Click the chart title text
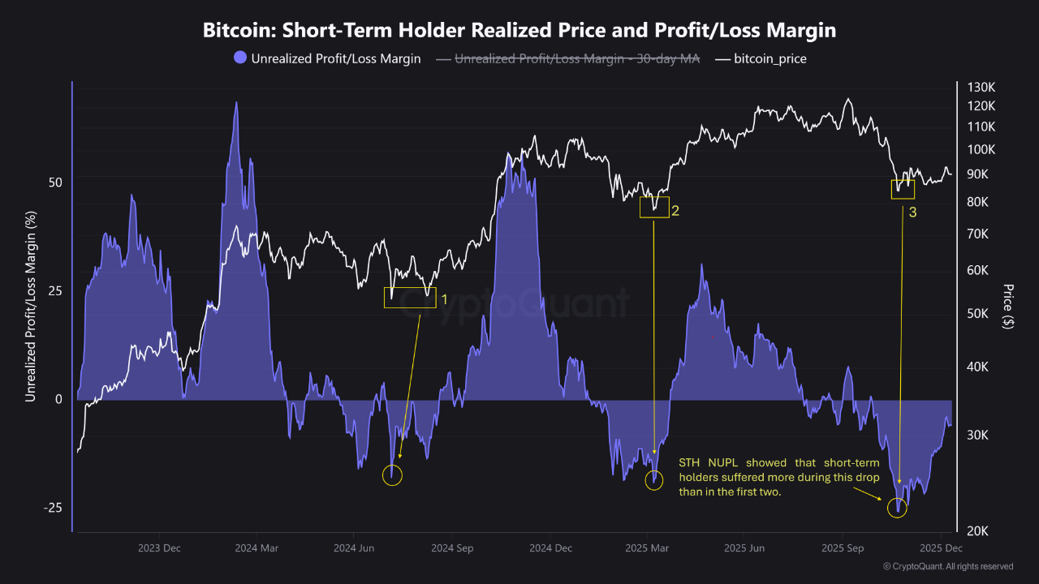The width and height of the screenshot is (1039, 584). [x=519, y=30]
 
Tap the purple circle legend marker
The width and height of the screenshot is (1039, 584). [x=240, y=58]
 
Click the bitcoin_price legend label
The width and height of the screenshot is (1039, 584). [x=770, y=59]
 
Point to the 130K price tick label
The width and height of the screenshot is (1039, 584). [x=981, y=87]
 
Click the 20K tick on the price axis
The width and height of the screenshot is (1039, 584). [x=978, y=531]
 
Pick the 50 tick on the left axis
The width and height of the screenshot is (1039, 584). [x=55, y=182]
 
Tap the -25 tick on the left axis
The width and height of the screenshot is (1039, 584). [x=53, y=508]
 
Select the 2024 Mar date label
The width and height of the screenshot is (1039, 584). [x=257, y=548]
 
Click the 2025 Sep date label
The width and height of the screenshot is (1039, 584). [x=843, y=548]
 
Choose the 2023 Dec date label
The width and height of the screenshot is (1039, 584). [x=159, y=548]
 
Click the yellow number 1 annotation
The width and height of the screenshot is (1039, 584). [x=444, y=300]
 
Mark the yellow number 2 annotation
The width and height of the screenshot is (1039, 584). [x=675, y=211]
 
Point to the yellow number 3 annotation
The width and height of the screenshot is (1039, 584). [x=913, y=213]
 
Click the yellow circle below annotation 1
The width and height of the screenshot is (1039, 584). [x=392, y=466]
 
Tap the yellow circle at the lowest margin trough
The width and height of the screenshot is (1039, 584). [x=897, y=498]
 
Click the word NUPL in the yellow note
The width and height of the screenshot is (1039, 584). [x=722, y=462]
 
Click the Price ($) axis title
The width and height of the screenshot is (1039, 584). [x=1007, y=307]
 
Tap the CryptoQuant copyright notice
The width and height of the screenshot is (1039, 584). [x=948, y=566]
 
